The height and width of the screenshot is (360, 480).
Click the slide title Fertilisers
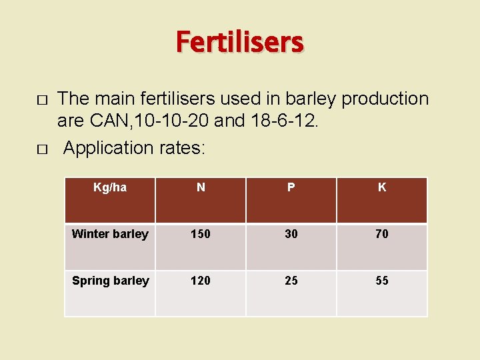tap(240, 43)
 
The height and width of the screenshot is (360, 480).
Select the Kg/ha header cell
tap(110, 187)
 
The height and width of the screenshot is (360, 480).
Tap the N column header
tap(201, 187)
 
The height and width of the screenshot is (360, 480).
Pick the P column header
tap(291, 187)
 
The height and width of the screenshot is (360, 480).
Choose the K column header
tap(382, 187)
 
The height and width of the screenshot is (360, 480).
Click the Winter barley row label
tap(110, 234)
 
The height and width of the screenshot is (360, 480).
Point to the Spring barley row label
tap(111, 281)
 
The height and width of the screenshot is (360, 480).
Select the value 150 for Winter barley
tap(201, 234)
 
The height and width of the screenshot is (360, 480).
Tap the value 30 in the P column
tap(291, 234)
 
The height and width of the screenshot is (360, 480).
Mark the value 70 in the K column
tap(382, 234)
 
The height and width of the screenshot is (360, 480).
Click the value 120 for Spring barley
tap(201, 281)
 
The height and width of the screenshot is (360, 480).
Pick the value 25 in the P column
tap(291, 281)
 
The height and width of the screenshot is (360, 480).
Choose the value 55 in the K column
tap(382, 281)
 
